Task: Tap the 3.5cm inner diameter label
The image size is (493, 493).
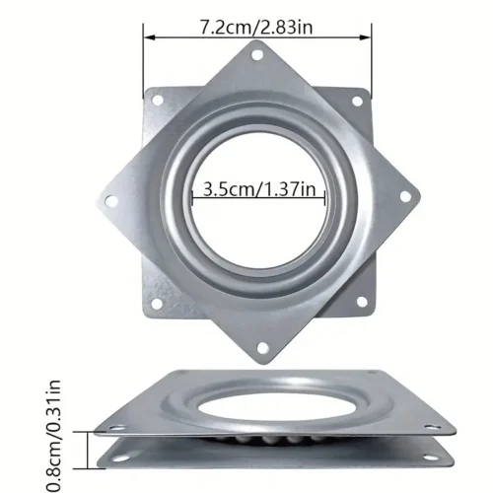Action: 224,187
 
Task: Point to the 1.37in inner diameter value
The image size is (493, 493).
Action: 290,187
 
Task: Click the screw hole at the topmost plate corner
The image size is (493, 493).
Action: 258,57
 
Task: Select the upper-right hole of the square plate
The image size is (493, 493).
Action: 362,97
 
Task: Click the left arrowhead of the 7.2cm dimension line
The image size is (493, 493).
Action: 148,38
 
